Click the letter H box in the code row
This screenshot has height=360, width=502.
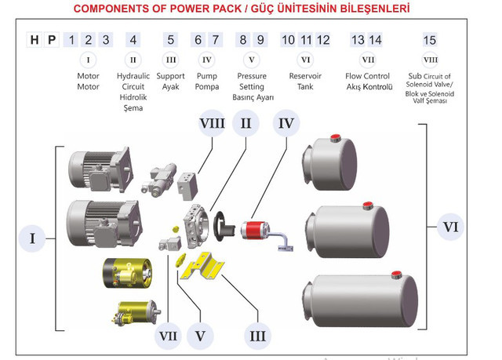(35, 40)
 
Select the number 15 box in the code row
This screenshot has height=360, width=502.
(429, 40)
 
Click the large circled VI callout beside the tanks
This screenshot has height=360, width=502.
(450, 227)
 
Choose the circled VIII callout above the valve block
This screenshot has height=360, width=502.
(213, 123)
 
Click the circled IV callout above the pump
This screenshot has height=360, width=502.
(286, 123)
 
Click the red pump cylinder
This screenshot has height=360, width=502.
(255, 230)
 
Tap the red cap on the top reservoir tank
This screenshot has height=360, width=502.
(335, 140)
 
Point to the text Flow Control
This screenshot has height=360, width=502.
(367, 76)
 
